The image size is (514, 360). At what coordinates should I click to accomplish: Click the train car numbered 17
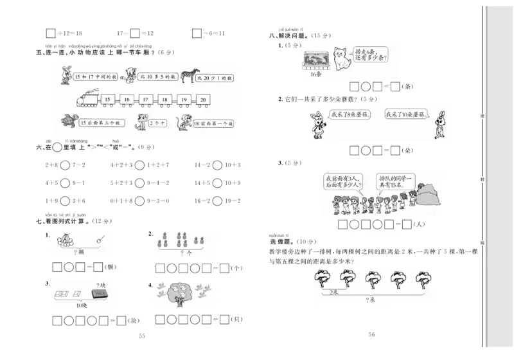[146, 100]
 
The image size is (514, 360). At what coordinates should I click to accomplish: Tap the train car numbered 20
[203, 100]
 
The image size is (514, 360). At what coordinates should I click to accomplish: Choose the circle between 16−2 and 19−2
[217, 201]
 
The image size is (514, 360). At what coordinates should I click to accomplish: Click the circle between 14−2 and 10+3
[217, 166]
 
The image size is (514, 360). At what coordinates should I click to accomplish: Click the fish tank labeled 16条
[315, 59]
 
